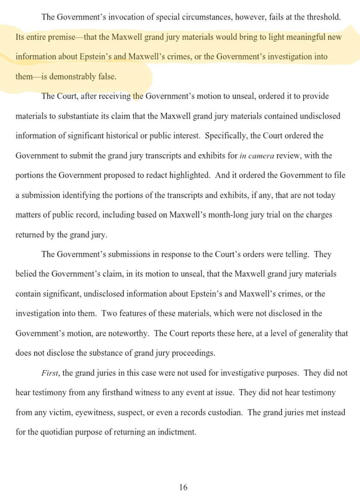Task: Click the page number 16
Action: (183, 487)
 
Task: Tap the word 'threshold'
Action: (323, 17)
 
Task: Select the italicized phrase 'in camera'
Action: (257, 156)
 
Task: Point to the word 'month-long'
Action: (228, 215)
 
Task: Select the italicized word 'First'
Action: (49, 373)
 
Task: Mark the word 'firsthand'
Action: (119, 392)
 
